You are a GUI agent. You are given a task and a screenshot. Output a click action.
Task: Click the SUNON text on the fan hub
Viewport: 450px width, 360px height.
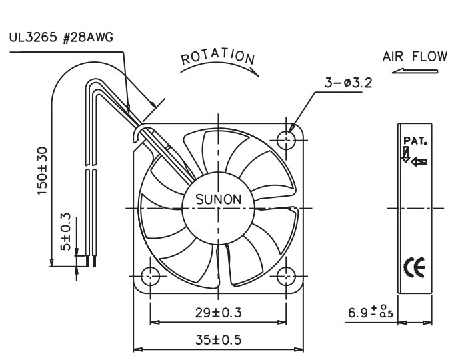click(219, 199)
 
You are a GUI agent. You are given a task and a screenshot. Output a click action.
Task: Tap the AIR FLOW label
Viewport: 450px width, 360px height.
click(415, 56)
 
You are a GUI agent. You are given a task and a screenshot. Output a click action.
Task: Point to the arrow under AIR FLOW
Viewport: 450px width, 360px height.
click(415, 71)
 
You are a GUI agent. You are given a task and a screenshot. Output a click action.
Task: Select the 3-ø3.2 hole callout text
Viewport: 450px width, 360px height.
click(348, 83)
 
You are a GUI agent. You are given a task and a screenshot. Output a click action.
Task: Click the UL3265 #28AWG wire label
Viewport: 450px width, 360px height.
click(61, 37)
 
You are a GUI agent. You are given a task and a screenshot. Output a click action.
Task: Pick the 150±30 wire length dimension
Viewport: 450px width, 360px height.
click(42, 171)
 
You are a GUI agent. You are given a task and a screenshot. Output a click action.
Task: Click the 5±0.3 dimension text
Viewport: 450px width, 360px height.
click(66, 231)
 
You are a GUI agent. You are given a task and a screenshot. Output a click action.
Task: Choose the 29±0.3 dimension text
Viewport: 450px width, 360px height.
click(219, 313)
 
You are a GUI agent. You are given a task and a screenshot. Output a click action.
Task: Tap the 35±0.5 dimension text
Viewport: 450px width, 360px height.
click(219, 340)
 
